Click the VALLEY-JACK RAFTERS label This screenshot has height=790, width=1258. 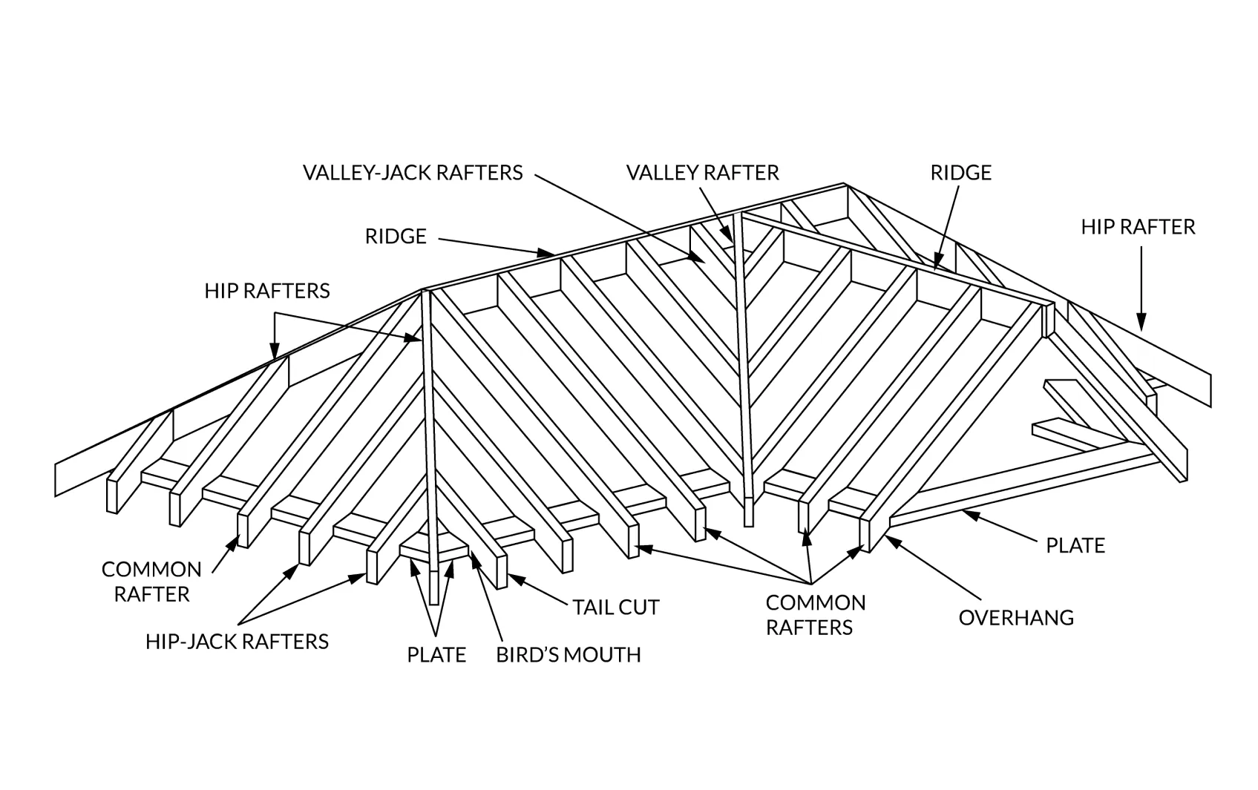413,173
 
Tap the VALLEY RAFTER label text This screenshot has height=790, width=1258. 702,173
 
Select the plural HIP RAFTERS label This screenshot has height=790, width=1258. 267,291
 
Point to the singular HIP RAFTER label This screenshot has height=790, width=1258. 1138,227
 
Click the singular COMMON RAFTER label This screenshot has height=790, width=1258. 151,582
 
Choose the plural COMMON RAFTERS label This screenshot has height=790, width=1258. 815,615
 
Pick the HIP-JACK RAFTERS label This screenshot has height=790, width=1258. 237,642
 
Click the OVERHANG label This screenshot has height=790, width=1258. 1016,618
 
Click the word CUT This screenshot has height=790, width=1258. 639,608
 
